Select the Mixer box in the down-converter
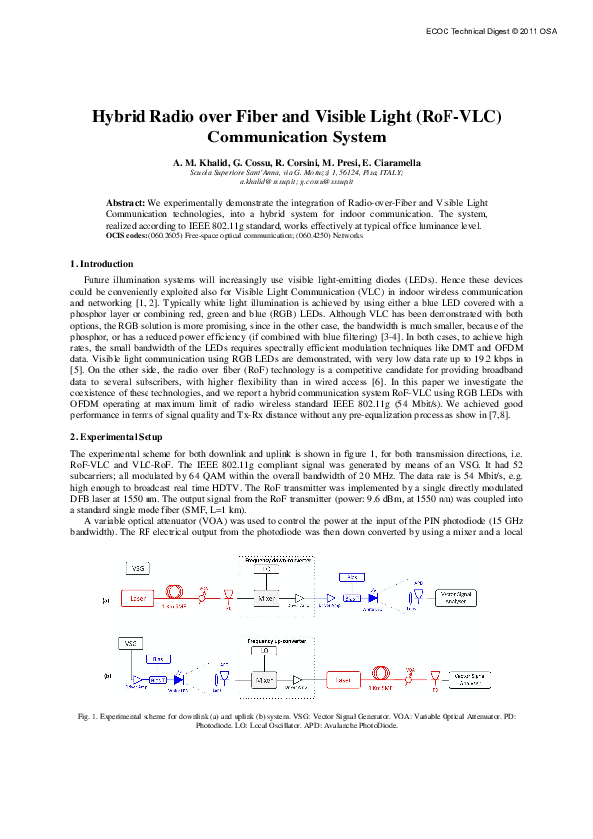point(265,599)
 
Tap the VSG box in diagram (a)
point(139,567)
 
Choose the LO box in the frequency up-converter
point(265,649)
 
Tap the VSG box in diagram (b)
point(131,644)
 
